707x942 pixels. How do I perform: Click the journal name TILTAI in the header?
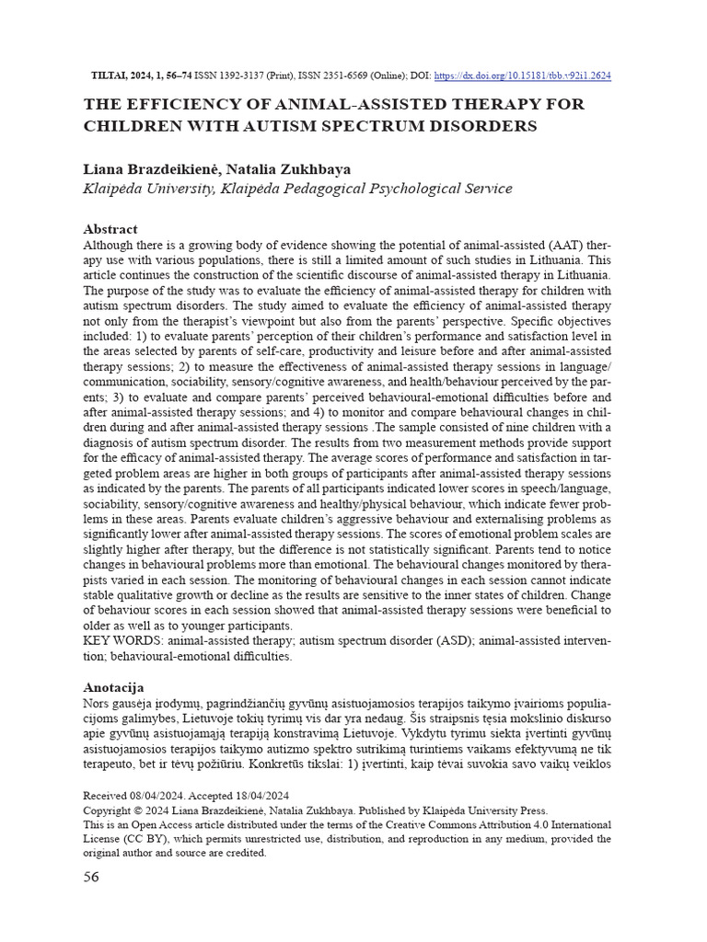pos(111,75)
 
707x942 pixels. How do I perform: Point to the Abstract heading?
pos(110,229)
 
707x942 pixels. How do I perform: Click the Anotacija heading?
pos(113,687)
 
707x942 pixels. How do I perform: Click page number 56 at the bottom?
pos(91,877)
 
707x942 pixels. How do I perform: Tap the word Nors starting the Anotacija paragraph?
pos(98,703)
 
